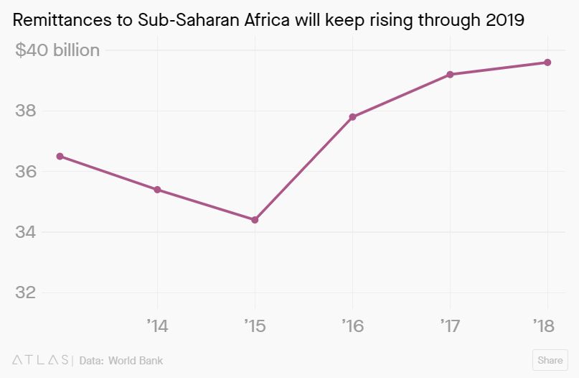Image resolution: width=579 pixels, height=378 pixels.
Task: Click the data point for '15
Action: [255, 220]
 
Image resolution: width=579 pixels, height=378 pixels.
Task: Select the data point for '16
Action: [352, 117]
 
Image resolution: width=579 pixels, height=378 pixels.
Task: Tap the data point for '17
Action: [450, 75]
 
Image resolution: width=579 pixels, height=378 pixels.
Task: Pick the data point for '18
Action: [547, 63]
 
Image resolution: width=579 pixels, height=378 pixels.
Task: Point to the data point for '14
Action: [157, 190]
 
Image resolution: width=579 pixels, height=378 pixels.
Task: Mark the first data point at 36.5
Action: [60, 156]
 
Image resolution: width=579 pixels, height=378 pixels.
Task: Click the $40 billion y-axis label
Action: [57, 50]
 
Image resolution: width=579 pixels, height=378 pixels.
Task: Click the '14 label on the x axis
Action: [157, 326]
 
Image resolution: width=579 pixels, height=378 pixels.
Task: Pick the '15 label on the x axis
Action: [255, 326]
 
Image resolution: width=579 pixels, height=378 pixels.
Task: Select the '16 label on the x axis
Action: [352, 326]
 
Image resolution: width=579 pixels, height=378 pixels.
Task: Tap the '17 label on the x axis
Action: [450, 326]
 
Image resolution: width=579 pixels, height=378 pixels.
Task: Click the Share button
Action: [550, 360]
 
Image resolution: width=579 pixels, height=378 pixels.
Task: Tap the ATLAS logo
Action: [41, 360]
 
